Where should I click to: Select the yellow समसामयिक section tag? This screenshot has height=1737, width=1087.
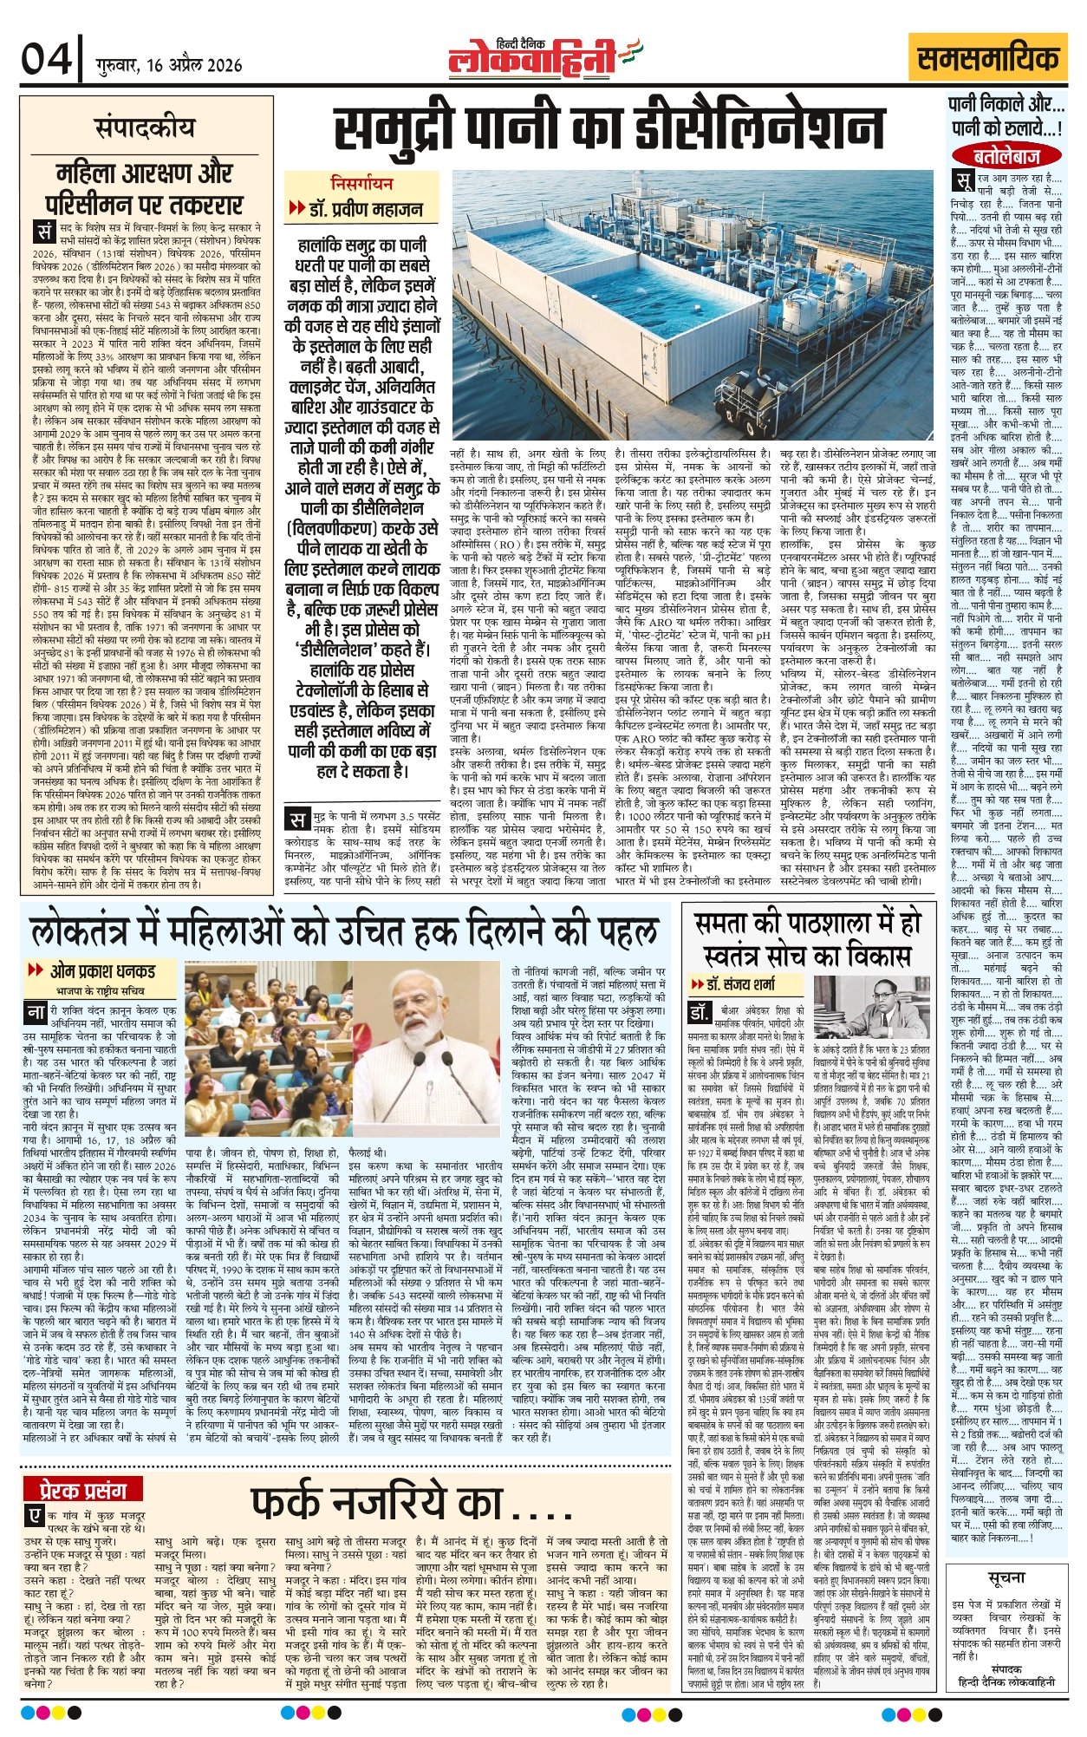click(988, 60)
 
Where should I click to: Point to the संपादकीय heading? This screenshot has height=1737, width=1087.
click(145, 127)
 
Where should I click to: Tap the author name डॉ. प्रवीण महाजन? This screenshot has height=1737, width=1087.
click(367, 209)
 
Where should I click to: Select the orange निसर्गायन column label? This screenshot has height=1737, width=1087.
click(361, 183)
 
